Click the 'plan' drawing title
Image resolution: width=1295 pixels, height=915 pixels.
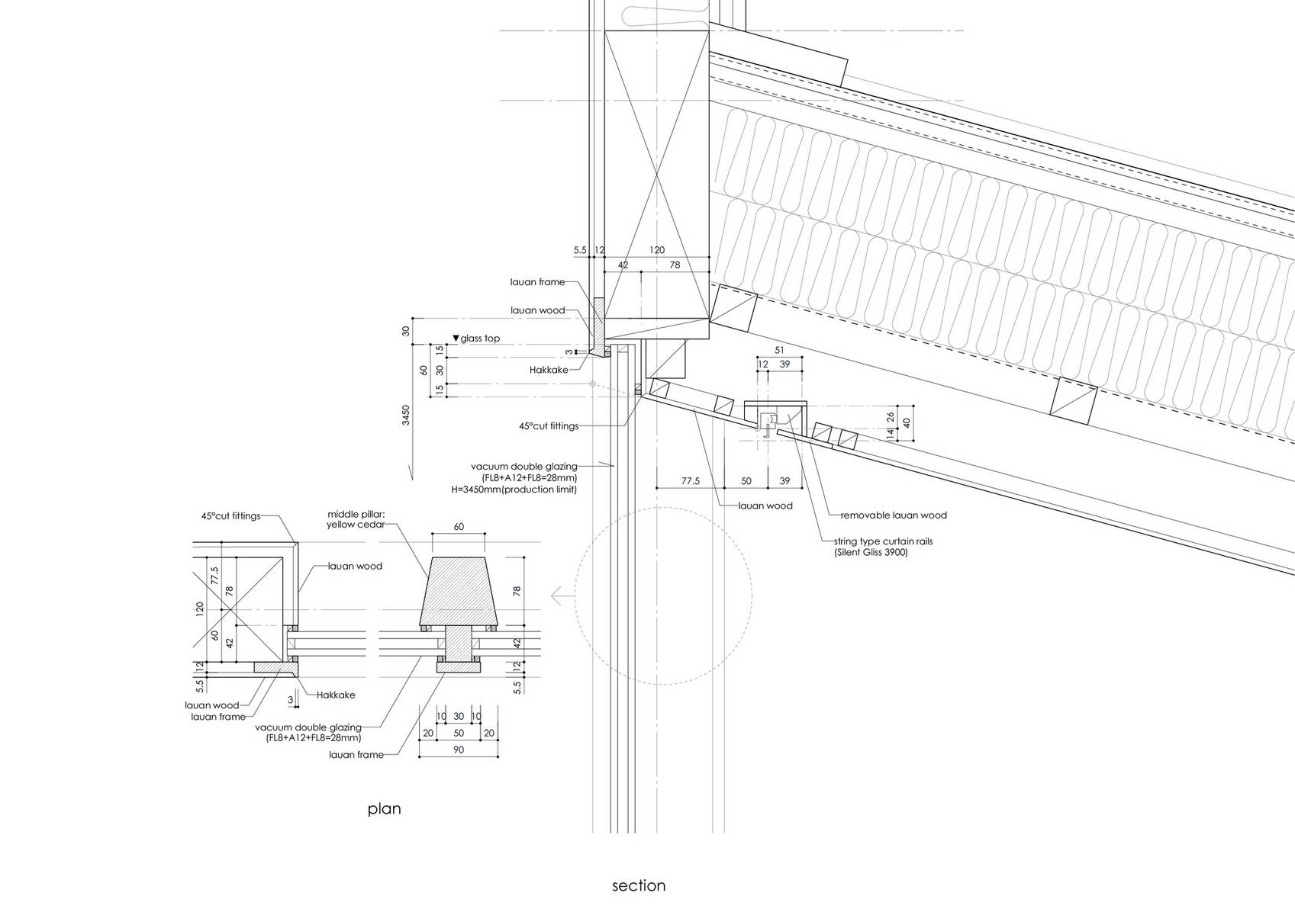pos(384,809)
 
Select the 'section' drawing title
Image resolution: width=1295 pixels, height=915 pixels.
pos(639,885)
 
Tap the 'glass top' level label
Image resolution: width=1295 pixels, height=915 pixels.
pos(480,339)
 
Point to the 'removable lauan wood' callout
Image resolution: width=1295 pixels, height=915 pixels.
pos(893,515)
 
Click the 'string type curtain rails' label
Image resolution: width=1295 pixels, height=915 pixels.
pos(883,542)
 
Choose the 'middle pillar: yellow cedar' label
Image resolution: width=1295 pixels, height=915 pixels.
pos(356,519)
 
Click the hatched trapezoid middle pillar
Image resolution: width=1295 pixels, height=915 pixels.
pos(459,592)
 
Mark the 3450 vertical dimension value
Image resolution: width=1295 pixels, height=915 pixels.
pos(406,416)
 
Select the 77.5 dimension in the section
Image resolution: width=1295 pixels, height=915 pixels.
pos(691,480)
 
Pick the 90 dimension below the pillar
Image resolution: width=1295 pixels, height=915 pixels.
pos(459,750)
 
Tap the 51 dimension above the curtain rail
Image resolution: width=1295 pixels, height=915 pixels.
pos(779,350)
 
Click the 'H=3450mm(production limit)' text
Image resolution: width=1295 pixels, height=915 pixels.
pos(514,490)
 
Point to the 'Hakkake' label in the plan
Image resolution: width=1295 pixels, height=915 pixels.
pos(335,695)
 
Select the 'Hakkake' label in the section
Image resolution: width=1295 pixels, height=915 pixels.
pos(549,370)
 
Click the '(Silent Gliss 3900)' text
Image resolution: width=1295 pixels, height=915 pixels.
pos(871,552)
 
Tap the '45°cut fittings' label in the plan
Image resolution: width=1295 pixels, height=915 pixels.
pos(230,516)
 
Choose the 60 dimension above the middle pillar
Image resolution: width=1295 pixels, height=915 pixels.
pos(459,527)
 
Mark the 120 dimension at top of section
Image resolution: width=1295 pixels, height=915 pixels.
pos(657,250)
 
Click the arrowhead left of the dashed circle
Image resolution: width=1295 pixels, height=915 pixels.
pos(557,596)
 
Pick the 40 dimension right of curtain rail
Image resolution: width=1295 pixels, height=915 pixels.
pos(906,423)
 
